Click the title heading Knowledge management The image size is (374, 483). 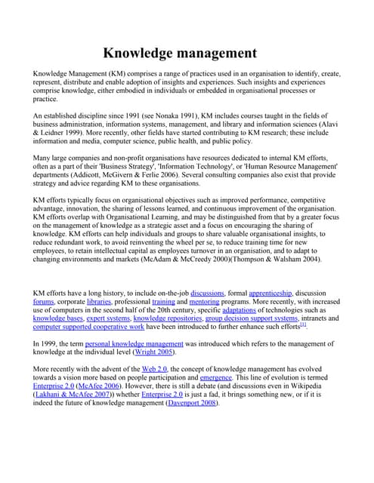coord(180,53)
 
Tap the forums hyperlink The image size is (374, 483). coord(44,301)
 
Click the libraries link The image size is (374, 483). coord(99,301)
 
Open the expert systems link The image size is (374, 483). coord(107,318)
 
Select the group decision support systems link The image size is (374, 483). coord(253,318)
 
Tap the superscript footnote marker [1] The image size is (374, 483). coord(303,325)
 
